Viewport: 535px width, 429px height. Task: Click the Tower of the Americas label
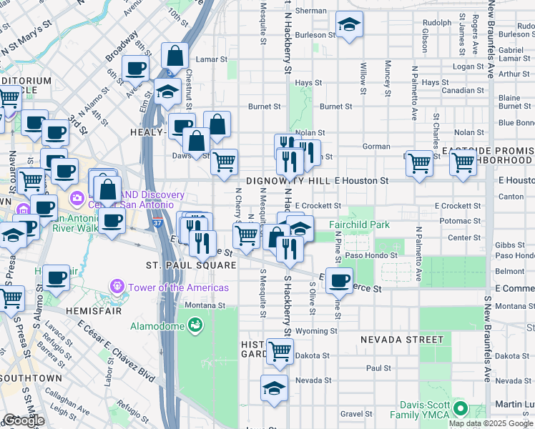(x=178, y=287)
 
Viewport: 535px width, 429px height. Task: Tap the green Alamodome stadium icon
(x=194, y=327)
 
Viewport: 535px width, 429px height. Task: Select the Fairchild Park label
(x=359, y=225)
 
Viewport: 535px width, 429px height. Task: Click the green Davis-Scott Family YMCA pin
(x=459, y=410)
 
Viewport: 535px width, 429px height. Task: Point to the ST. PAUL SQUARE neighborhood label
(x=191, y=265)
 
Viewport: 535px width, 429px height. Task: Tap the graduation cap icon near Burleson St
(x=349, y=26)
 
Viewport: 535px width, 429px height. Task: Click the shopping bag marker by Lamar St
(x=175, y=55)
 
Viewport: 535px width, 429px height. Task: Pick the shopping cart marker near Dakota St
(x=280, y=350)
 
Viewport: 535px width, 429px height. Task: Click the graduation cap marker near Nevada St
(x=274, y=388)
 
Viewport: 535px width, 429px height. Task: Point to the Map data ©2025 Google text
(x=491, y=423)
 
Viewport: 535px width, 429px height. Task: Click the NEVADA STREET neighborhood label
(x=402, y=339)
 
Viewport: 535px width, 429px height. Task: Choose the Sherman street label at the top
(x=310, y=11)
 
